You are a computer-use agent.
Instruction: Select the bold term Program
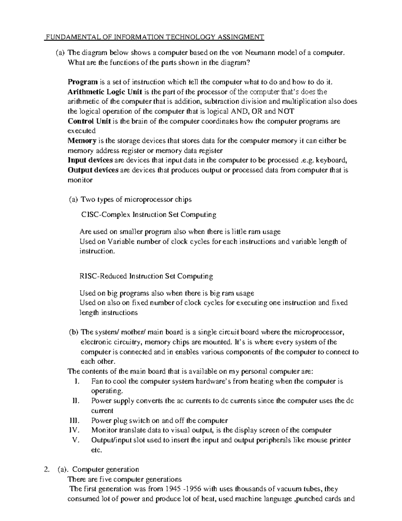[x=82, y=82]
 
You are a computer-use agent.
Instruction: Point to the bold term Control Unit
[x=89, y=121]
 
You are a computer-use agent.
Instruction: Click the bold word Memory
[x=82, y=141]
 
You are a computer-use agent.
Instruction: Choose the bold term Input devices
[x=90, y=160]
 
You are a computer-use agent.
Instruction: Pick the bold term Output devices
[x=93, y=170]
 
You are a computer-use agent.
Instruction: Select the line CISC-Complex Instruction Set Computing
[x=149, y=215]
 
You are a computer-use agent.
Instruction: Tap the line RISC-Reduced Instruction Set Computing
[x=146, y=276]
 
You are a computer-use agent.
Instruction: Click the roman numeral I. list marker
[x=77, y=381]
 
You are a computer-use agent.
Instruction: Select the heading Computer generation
[x=106, y=469]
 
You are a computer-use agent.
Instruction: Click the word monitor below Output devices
[x=80, y=180]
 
